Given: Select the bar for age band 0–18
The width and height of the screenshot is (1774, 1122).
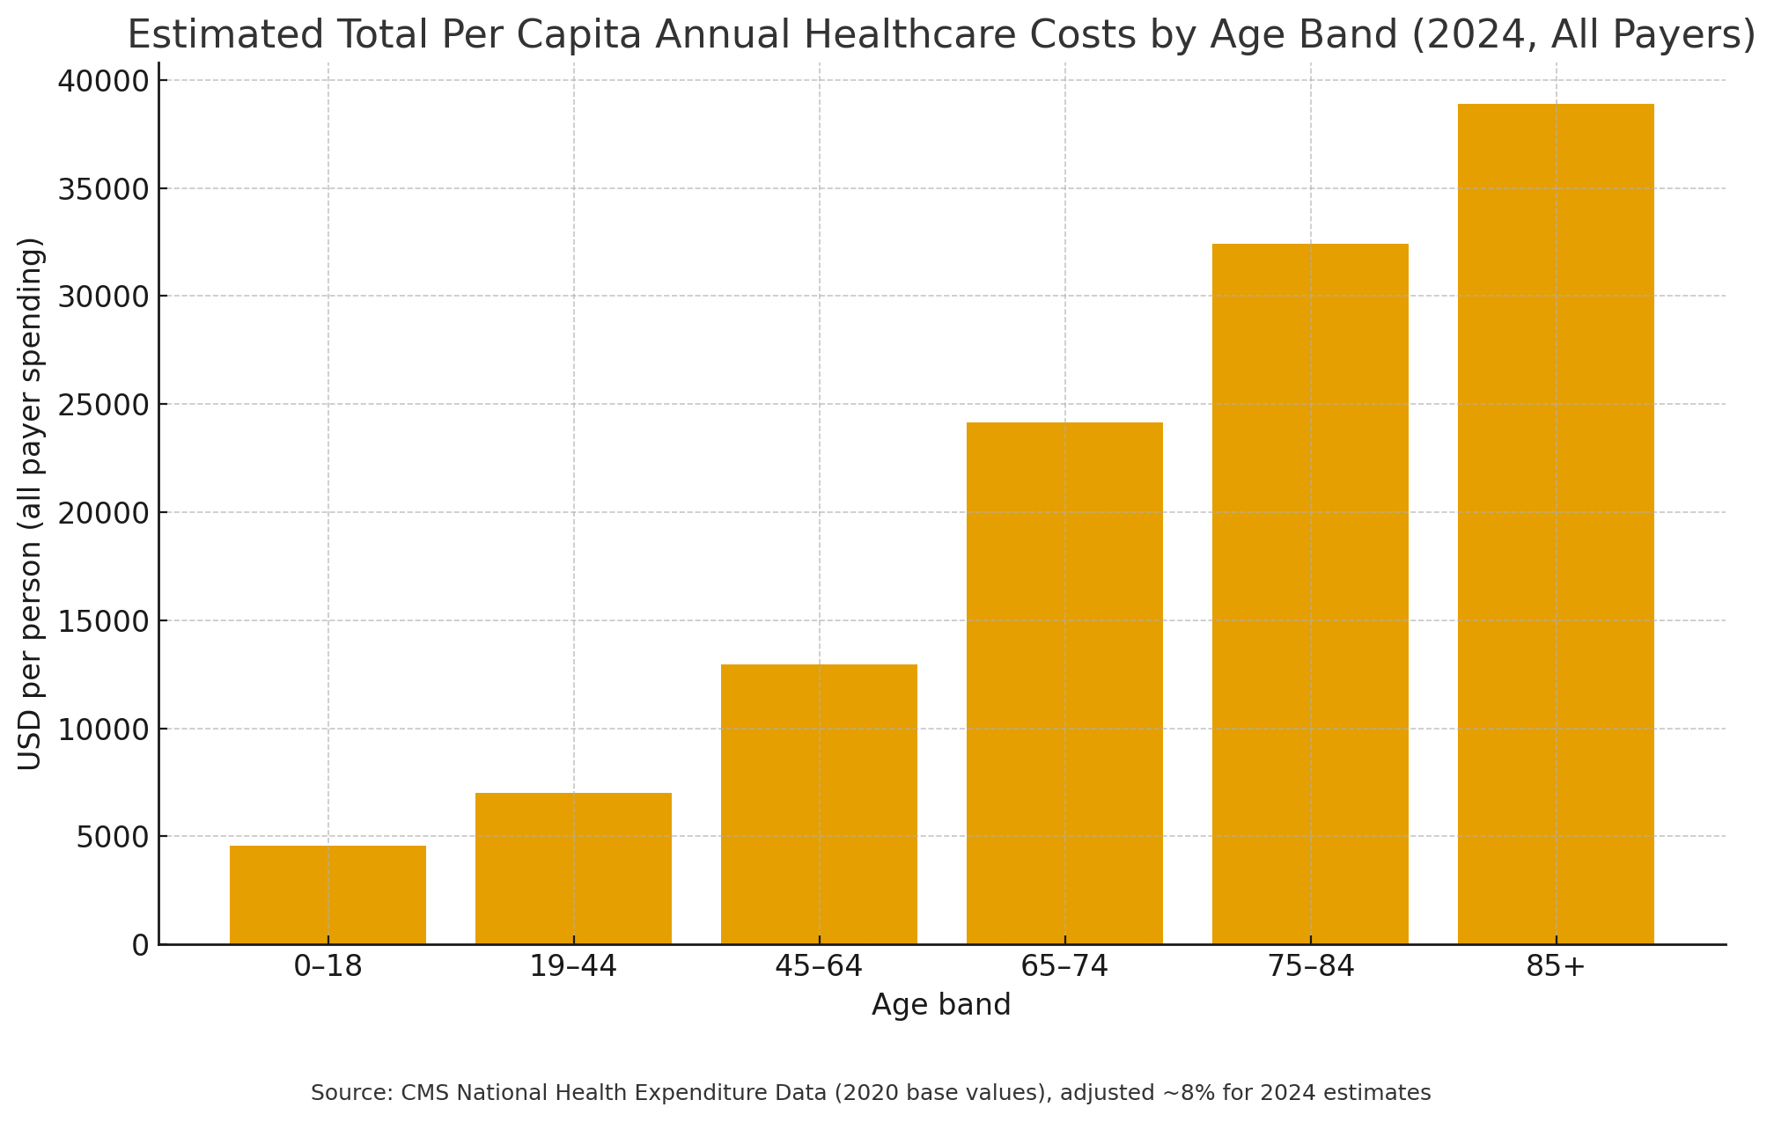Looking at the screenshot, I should pos(328,895).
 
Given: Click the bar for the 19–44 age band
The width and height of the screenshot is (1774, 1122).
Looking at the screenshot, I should pos(573,869).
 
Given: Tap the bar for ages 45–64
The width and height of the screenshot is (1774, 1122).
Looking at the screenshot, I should pos(819,804).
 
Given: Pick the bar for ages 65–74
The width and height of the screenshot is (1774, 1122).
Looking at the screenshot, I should pos(1064,683).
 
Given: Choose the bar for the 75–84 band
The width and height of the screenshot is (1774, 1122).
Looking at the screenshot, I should pos(1310,594).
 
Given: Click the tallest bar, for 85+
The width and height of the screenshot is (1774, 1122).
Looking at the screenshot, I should pos(1556,524).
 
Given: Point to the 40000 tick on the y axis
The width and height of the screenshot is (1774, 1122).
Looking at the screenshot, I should pos(104,81).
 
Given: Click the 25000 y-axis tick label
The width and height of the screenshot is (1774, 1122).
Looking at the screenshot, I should pos(104,405).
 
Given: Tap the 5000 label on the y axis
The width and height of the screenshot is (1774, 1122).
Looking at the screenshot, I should pos(113,837).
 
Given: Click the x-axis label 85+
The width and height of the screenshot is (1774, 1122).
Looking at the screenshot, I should pos(1556,966).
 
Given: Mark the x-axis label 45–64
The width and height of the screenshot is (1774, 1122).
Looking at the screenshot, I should pos(819,966).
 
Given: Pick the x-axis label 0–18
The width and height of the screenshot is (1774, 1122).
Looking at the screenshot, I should pos(328,966).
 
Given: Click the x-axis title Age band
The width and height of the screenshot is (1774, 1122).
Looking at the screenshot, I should pos(941,1005).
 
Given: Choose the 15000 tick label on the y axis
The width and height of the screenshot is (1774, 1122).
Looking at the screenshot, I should pos(104,621).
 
